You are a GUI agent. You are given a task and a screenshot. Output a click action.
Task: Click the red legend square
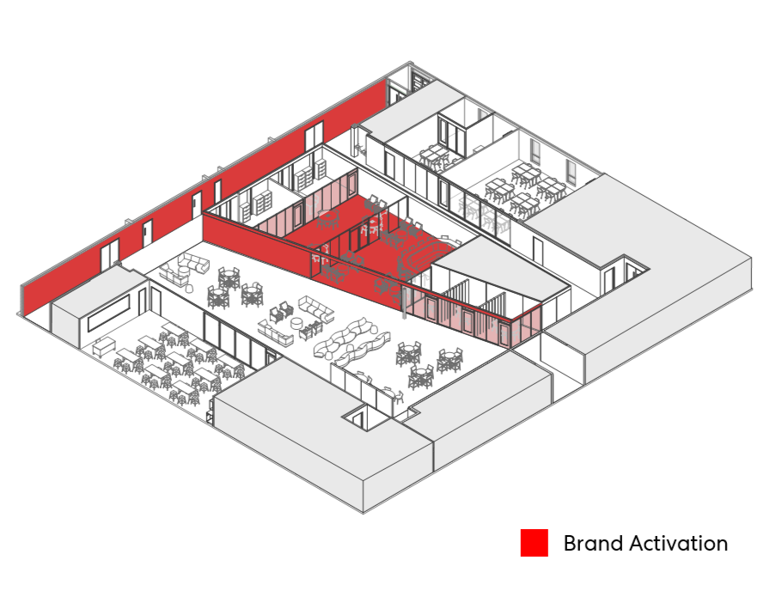[534, 543]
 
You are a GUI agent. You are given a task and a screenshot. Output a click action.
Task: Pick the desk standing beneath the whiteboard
[104, 346]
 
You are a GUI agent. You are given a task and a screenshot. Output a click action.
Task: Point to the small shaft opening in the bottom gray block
[357, 419]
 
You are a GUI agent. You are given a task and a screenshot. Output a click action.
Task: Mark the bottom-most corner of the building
[364, 513]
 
